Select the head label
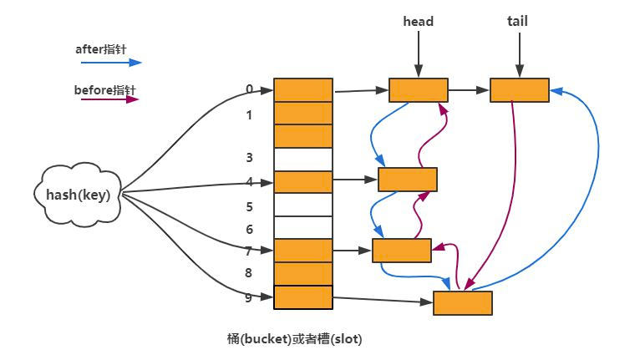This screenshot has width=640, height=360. coord(418,22)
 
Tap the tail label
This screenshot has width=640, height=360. coord(518,22)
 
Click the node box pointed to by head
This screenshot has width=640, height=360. coord(419,90)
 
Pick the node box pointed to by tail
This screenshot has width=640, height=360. coord(519,90)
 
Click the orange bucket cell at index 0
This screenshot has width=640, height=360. coord(303,90)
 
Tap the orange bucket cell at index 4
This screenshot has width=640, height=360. coord(303,181)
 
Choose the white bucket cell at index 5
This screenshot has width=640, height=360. coord(303,205)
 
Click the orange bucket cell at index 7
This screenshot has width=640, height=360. coord(303,250)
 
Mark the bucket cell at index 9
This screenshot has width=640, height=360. coord(303,297)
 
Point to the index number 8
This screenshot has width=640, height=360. coord(249,272)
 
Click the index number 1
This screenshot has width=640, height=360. coord(249,115)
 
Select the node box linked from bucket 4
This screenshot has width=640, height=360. coord(408,180)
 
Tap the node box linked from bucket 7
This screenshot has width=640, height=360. coord(402,250)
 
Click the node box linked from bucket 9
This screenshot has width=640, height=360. coord(462,302)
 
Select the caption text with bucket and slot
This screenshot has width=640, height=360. coord(294,339)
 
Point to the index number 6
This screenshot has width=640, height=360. coord(249,229)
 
